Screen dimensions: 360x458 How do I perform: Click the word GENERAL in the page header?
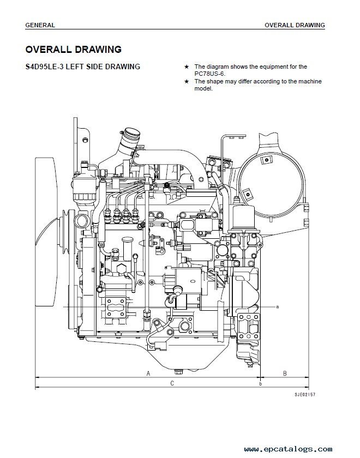click(x=40, y=25)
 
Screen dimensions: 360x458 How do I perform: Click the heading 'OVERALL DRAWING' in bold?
click(x=74, y=50)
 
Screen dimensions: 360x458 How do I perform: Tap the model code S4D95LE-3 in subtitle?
click(x=44, y=67)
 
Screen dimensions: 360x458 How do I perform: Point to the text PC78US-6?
click(x=210, y=74)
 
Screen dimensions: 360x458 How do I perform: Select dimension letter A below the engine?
click(x=148, y=373)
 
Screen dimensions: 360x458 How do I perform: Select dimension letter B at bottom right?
click(x=285, y=373)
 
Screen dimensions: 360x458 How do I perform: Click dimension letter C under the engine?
click(x=172, y=383)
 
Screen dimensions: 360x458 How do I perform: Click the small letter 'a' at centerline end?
click(x=278, y=306)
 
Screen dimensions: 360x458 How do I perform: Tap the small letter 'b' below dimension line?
click(x=261, y=384)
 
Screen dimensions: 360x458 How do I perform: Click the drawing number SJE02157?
click(x=305, y=395)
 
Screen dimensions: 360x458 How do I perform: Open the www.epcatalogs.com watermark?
click(x=288, y=449)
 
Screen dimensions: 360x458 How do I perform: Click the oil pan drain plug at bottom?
click(x=178, y=372)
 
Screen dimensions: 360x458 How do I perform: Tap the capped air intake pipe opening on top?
click(x=132, y=134)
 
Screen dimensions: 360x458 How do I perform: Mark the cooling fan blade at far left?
click(x=45, y=232)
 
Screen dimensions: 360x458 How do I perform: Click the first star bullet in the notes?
click(x=187, y=67)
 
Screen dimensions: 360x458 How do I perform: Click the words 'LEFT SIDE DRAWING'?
click(x=103, y=67)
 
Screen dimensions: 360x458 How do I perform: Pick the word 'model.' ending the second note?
click(x=203, y=88)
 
